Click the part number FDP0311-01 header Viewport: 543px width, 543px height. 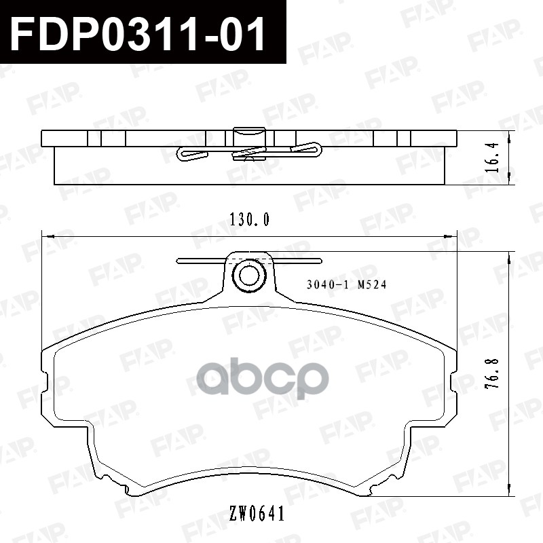click(139, 33)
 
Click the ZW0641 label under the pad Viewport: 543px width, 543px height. click(257, 514)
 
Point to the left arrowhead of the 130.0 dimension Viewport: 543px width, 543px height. click(45, 236)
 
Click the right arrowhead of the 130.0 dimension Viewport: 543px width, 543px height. click(453, 236)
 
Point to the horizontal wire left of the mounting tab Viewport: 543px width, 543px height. click(200, 260)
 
